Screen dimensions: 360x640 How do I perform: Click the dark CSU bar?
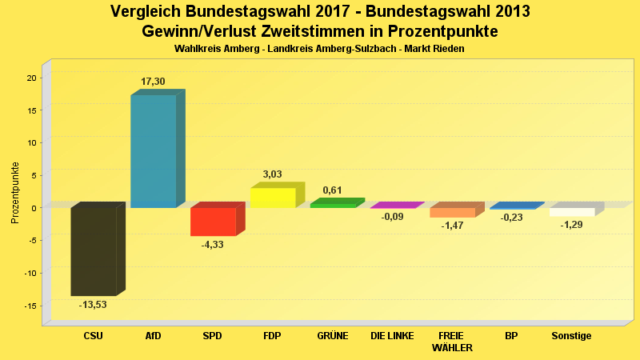pos(94,251)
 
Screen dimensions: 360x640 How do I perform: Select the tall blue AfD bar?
pos(153,151)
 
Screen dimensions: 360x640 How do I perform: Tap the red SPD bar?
pos(213,222)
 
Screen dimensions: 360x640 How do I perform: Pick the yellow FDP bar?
pos(273,198)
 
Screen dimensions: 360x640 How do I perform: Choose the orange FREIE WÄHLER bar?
pos(452,213)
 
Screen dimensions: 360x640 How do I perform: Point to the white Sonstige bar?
pos(572,212)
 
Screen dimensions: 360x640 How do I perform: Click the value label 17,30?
pos(154,82)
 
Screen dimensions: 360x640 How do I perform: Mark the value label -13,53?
pos(93,305)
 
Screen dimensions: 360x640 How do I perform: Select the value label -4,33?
pos(213,244)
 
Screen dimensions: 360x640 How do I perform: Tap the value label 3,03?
pos(273,174)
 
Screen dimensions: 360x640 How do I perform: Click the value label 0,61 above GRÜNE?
pos(333,190)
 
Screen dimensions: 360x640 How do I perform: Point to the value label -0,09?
pos(392,217)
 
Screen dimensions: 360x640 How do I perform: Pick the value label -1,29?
pos(572,225)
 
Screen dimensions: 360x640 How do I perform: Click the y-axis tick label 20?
pos(31,78)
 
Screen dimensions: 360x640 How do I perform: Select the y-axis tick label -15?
pos(30,306)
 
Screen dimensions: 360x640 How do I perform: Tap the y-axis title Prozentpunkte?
pos(15,192)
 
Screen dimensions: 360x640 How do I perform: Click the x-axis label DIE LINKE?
pos(392,336)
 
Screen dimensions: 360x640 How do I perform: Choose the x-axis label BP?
pos(511,336)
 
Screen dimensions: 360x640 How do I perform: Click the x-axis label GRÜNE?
pos(333,336)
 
